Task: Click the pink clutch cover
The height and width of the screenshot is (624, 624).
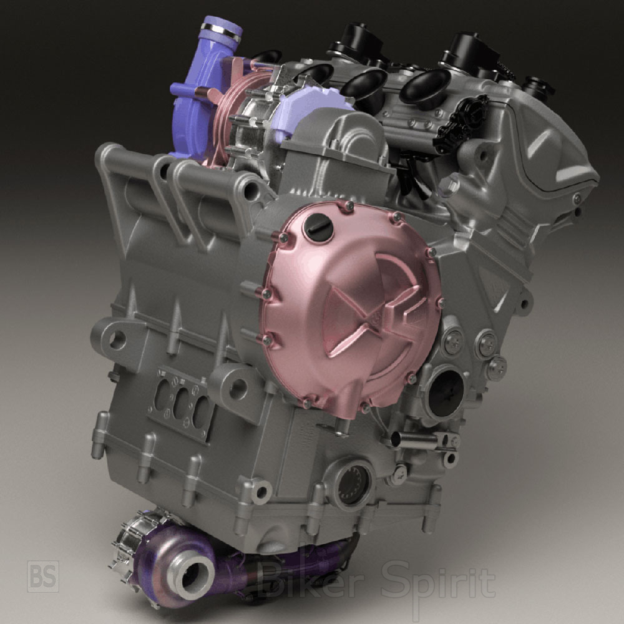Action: point(350,306)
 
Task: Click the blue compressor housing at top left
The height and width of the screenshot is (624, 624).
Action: point(195,95)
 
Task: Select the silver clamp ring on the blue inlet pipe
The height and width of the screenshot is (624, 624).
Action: point(222,32)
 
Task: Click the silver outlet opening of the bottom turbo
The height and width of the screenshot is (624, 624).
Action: point(194,576)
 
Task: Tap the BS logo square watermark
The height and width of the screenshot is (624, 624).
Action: point(43,576)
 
